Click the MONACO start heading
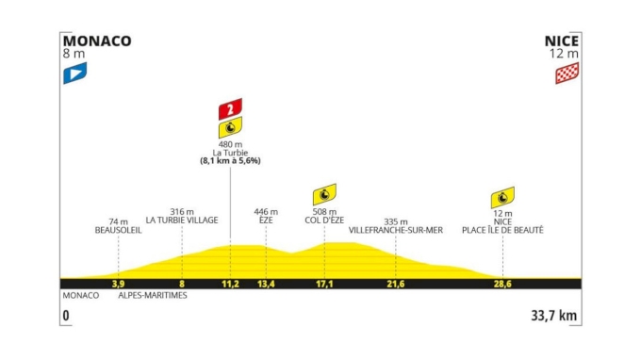pos(96,41)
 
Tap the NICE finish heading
pos(561,41)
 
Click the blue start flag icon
pos(74,74)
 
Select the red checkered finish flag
pos(567,74)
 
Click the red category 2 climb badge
pos(230,108)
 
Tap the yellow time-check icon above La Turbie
pos(230,128)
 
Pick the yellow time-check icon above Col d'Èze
pos(324,194)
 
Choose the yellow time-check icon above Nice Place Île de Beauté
pos(502,198)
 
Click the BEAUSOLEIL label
pos(118,230)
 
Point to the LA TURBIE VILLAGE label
pos(182,221)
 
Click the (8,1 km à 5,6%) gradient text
pos(230,161)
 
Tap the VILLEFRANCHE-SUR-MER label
pos(395,230)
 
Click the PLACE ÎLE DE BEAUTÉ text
pos(502,230)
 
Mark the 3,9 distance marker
pos(118,283)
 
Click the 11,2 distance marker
pos(230,283)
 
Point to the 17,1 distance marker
pos(324,283)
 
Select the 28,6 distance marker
pos(502,283)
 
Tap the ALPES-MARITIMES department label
pos(153,296)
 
